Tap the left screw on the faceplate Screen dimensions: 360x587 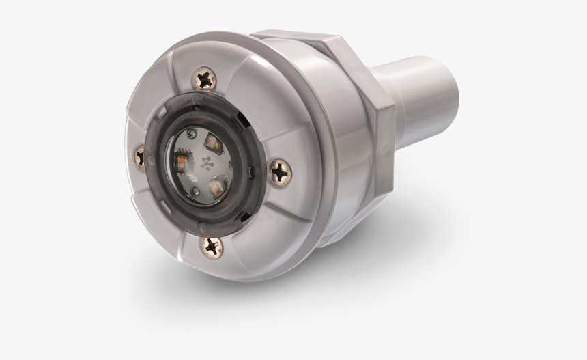(x=141, y=156)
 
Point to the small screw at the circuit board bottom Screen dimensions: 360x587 (x=196, y=191)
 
